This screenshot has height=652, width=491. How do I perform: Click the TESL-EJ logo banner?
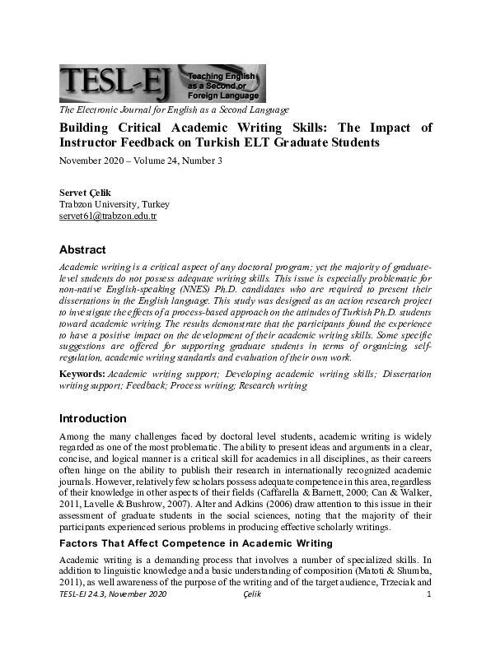click(x=161, y=83)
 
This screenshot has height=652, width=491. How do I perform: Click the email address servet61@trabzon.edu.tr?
click(x=107, y=216)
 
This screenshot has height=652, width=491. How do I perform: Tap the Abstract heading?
click(x=82, y=249)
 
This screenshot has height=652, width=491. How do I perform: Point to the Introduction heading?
click(x=92, y=418)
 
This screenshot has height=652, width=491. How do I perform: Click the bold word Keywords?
click(x=81, y=374)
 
